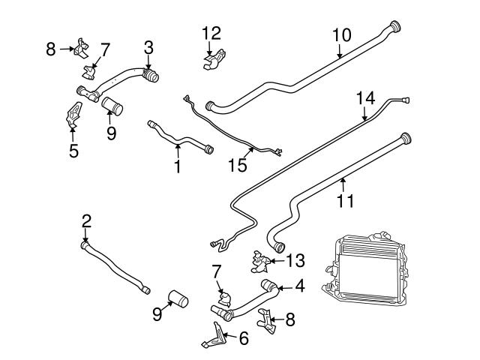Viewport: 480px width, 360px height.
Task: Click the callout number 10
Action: pos(341,35)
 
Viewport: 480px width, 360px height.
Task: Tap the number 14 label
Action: pos(365,97)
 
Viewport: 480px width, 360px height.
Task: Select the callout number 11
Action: pos(346,201)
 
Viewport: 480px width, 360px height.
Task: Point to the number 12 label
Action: pos(211,33)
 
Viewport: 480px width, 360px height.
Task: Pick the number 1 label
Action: pos(177,166)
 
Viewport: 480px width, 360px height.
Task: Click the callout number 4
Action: pos(299,286)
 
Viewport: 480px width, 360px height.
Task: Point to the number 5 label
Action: pos(73,151)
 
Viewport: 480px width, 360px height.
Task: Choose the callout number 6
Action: pos(243,339)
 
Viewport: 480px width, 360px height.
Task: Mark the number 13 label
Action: pos(296,260)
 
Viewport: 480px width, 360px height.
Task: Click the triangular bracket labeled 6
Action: pos(214,335)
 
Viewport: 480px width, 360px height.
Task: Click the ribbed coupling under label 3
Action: pos(151,76)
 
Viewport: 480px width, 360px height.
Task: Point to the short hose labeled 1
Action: pos(180,138)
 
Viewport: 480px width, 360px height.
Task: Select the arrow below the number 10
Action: pos(340,51)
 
